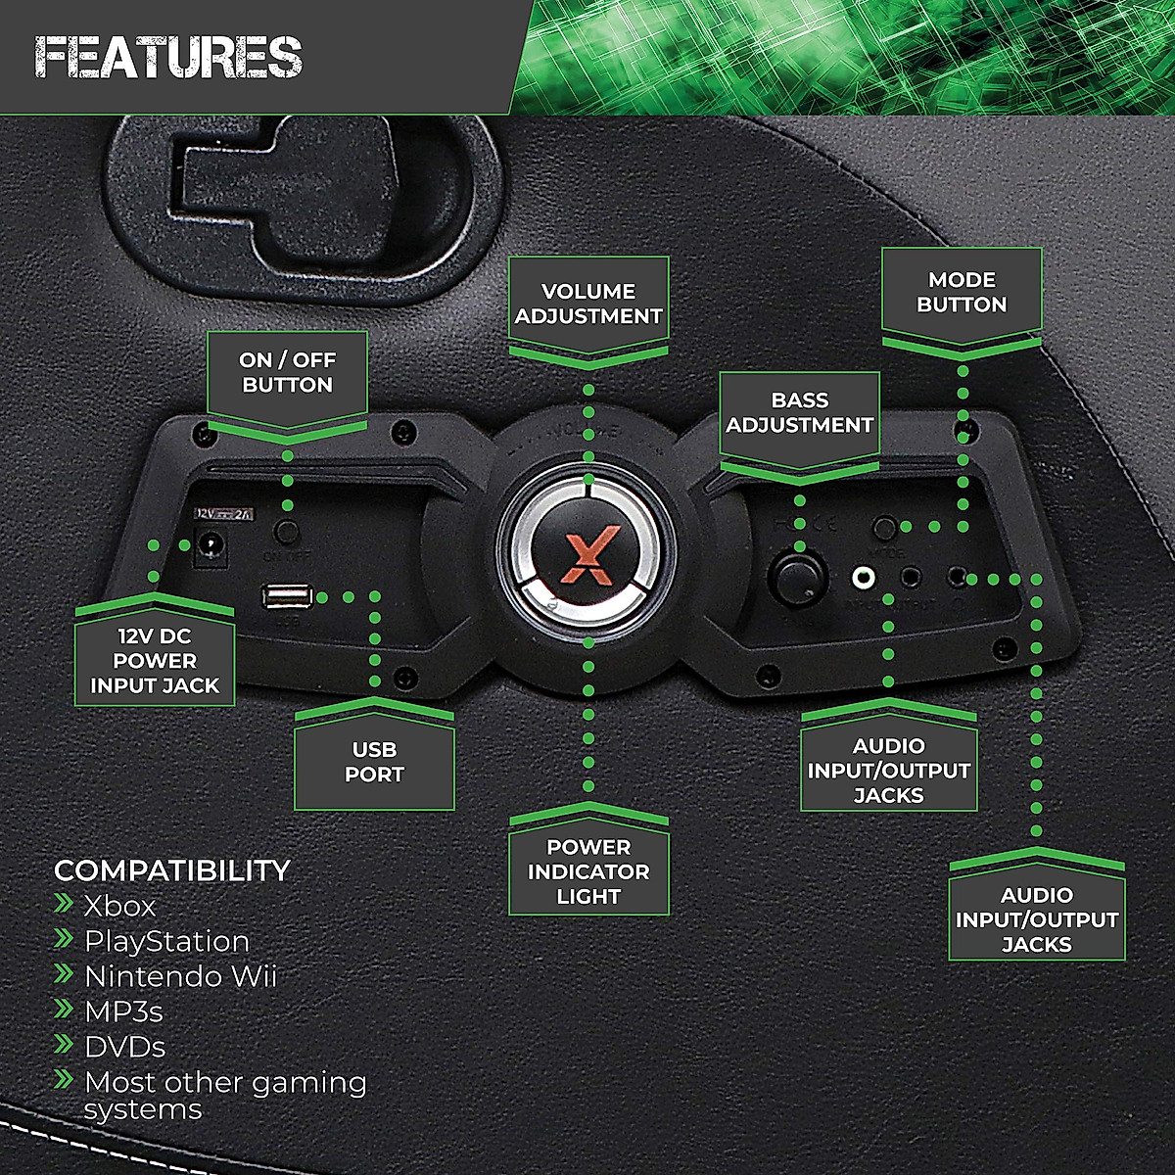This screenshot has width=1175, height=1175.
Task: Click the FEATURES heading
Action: point(168,57)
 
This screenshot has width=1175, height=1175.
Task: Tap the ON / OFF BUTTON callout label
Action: point(287,373)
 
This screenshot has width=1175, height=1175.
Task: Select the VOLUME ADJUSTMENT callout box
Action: point(588,304)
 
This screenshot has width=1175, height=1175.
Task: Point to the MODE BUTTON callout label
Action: point(962,292)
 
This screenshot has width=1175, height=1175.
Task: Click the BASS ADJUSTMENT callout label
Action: point(799,412)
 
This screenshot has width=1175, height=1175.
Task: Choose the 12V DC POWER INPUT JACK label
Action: point(155,661)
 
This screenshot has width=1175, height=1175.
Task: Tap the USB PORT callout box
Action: point(374,762)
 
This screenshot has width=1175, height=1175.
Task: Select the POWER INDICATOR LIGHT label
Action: point(588,871)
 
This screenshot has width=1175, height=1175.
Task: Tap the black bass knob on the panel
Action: point(798,578)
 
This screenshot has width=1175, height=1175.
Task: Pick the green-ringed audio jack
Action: point(864,578)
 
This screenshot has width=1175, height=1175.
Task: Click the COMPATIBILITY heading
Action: point(172,870)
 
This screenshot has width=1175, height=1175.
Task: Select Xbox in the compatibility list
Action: point(119,906)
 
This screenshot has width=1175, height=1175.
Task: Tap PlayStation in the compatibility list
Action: point(166,941)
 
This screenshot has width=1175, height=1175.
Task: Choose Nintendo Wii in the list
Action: point(180,976)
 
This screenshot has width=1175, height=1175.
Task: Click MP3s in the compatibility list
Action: point(123,1011)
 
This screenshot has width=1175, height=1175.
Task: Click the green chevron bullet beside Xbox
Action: point(65,903)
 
